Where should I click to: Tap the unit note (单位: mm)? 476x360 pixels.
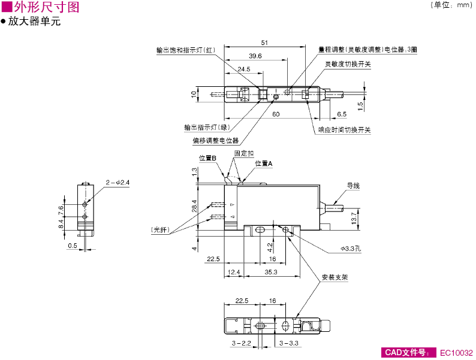click(x=451, y=5)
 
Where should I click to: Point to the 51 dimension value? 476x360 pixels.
click(x=264, y=43)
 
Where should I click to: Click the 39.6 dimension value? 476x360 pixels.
click(x=255, y=56)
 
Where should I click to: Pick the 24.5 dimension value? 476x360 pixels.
click(x=243, y=69)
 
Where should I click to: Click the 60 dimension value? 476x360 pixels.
click(x=275, y=114)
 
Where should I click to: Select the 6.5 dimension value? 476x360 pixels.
click(x=341, y=114)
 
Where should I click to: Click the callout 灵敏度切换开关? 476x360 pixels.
click(x=348, y=64)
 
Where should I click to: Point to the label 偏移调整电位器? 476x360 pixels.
click(x=215, y=141)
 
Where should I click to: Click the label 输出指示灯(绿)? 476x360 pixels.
click(x=207, y=127)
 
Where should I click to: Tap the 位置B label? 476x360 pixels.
click(x=207, y=158)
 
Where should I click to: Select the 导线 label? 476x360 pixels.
click(x=353, y=186)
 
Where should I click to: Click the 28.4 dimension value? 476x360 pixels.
click(x=194, y=207)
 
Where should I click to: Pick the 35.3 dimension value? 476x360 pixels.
click(x=271, y=273)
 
